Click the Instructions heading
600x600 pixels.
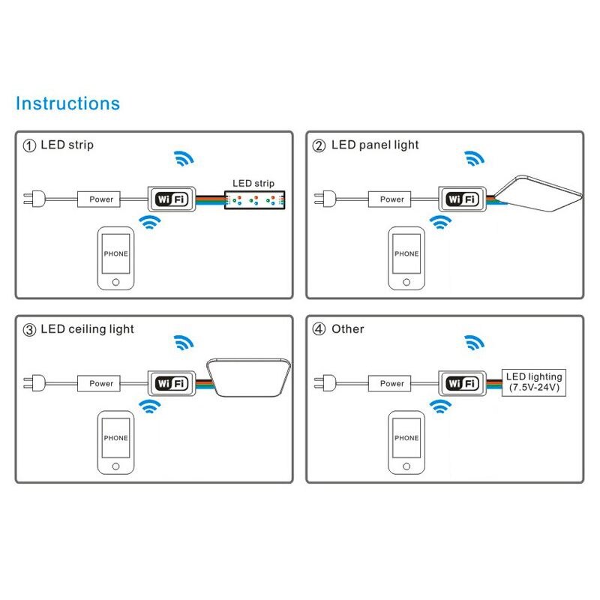click(x=67, y=103)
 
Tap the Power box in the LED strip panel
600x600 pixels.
click(x=101, y=199)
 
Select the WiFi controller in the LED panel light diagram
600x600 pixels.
click(x=462, y=199)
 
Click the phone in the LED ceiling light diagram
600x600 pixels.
click(x=115, y=442)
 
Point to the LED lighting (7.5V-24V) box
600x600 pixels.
click(x=533, y=382)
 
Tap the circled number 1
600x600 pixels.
click(x=29, y=145)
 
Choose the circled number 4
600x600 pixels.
click(x=318, y=329)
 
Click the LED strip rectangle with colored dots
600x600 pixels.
click(x=255, y=199)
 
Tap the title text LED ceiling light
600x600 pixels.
click(x=87, y=329)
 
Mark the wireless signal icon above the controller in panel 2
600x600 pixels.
click(x=473, y=158)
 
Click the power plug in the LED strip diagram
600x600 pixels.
click(x=32, y=199)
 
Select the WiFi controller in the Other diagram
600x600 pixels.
click(x=462, y=383)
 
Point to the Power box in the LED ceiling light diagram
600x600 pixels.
click(x=101, y=383)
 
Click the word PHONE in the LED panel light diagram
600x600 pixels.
click(x=406, y=254)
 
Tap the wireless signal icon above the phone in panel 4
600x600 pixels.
click(x=440, y=406)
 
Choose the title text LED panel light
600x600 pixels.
click(x=375, y=145)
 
